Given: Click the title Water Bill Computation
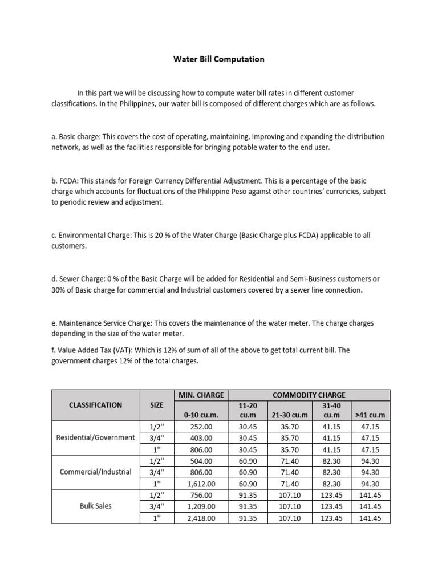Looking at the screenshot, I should [219, 59].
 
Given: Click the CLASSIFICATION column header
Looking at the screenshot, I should [95, 405].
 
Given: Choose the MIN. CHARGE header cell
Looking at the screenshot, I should [201, 395].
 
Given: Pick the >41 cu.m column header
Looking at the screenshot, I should [370, 415].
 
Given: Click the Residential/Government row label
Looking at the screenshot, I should [95, 437].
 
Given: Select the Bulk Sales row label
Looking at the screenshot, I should [95, 506].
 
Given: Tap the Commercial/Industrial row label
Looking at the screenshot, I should [95, 472].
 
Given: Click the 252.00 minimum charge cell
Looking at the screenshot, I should [201, 426].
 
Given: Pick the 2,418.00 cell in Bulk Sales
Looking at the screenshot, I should [201, 518].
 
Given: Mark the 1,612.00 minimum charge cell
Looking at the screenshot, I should [201, 484].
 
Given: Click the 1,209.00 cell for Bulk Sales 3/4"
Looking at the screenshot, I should [201, 506].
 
